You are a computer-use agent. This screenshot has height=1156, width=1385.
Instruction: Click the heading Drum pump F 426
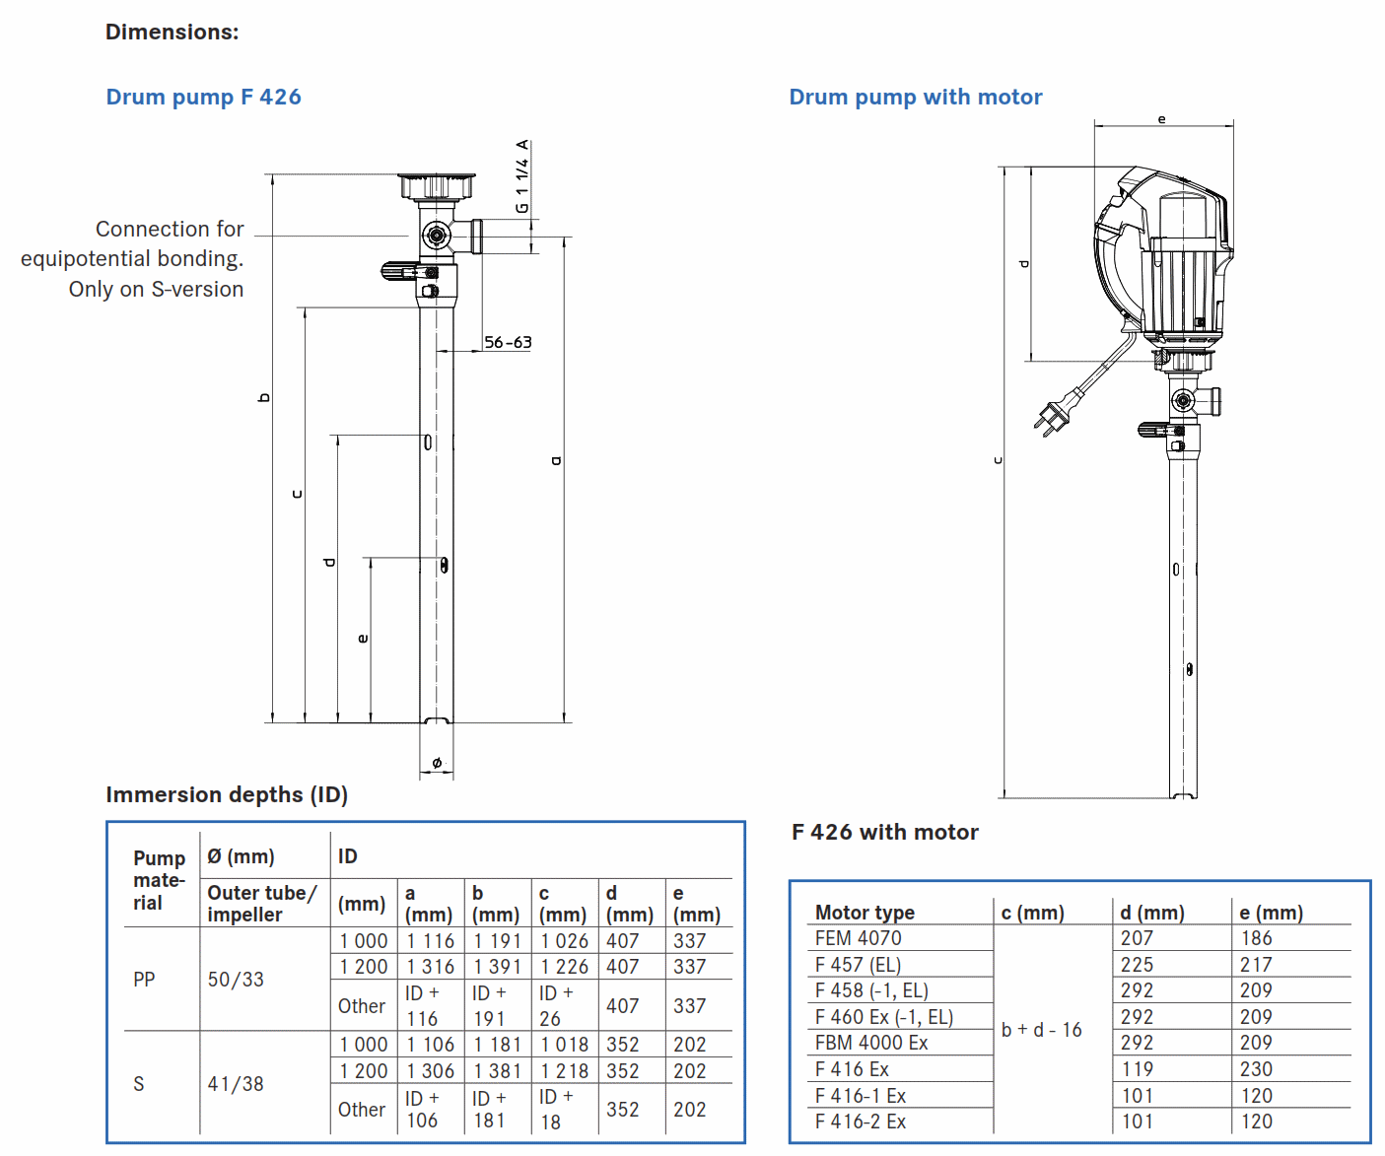[x=203, y=97]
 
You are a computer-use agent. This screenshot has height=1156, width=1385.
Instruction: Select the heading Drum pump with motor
[x=915, y=97]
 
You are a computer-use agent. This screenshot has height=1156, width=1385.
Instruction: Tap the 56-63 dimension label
[x=508, y=342]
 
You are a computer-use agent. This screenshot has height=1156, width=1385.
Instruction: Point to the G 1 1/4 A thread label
[x=521, y=176]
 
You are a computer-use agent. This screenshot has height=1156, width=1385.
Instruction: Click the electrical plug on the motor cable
[x=1049, y=418]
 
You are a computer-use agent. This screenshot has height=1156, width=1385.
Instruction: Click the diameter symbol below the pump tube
[x=437, y=763]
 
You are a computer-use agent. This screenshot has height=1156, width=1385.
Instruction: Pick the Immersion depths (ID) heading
[x=227, y=794]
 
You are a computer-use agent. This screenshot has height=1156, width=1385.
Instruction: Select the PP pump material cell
[x=144, y=980]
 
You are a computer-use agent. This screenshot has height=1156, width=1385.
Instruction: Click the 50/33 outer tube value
[x=236, y=980]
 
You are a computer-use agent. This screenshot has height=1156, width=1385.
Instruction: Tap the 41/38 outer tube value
[x=236, y=1084]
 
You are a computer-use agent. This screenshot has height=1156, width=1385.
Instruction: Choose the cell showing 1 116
[x=431, y=941]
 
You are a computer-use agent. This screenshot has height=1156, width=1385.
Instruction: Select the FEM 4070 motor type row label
[x=859, y=938]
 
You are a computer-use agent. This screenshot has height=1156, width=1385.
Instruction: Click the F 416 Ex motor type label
[x=852, y=1069]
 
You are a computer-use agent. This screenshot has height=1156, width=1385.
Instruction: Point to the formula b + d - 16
[x=1041, y=1030]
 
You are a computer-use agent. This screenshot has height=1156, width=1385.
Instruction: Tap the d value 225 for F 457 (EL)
[x=1137, y=965]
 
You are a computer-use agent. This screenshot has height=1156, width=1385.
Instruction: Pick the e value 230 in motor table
[x=1256, y=1069]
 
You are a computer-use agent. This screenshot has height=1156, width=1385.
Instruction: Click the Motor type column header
[x=865, y=913]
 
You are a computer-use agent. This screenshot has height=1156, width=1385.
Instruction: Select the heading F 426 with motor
[x=884, y=832]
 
